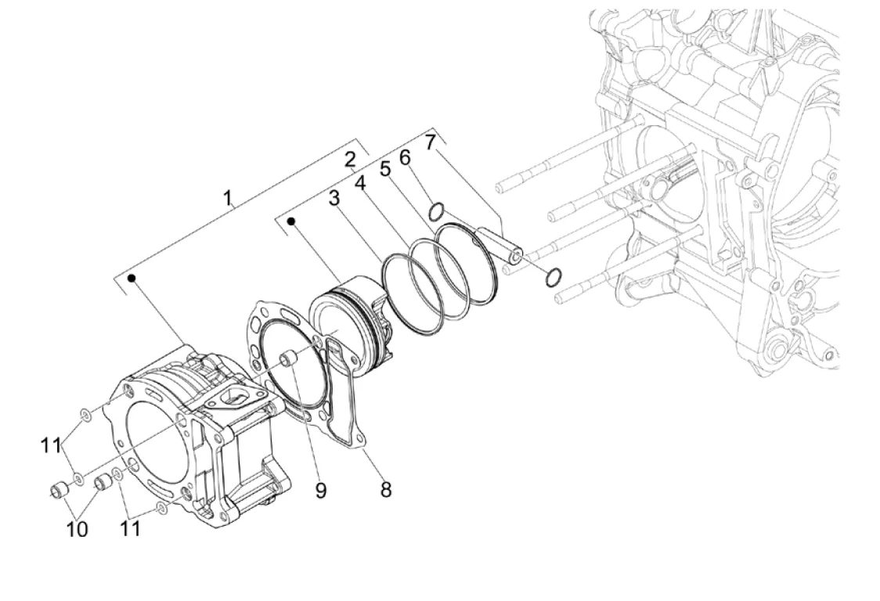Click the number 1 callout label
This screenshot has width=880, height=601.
tap(227, 197)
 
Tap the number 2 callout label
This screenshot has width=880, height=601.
tap(350, 160)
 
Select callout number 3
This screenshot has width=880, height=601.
tap(334, 197)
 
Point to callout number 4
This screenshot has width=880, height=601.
tap(359, 183)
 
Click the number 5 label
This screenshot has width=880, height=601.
tap(384, 168)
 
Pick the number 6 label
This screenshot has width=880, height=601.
tap(405, 158)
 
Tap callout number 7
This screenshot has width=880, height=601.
tap(429, 142)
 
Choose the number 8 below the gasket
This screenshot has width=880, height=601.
tap(385, 489)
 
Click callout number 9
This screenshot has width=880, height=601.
tap(320, 491)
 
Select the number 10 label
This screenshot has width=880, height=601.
tap(77, 528)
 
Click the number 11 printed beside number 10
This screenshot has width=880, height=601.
tap(130, 528)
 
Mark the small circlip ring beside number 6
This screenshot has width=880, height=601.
tap(436, 213)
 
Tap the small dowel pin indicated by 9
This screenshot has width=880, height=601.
tap(288, 359)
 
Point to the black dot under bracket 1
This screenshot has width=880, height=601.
tap(132, 278)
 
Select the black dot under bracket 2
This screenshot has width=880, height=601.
tap(290, 221)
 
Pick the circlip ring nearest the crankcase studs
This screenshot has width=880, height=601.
tap(554, 277)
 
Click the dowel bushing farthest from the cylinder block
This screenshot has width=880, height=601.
tap(59, 490)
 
